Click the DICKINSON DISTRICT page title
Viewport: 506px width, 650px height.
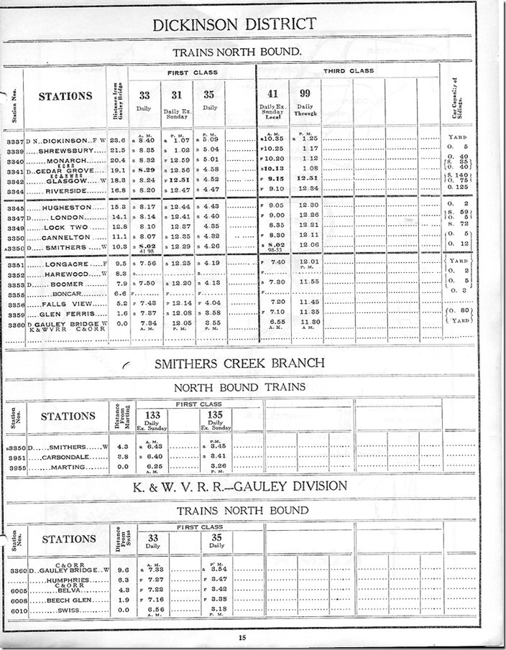coord(235,24)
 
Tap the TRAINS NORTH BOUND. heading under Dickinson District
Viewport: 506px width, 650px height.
coord(236,52)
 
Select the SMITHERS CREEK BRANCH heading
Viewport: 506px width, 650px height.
coord(239,363)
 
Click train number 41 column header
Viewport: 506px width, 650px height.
coord(272,93)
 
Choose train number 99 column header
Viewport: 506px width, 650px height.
coord(305,93)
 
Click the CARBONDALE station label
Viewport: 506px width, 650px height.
coord(65,457)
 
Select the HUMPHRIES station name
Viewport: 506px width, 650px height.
coord(69,579)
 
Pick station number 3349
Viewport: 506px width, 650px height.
coord(14,228)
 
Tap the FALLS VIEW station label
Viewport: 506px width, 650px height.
coord(69,304)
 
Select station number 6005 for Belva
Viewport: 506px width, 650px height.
coord(14,590)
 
